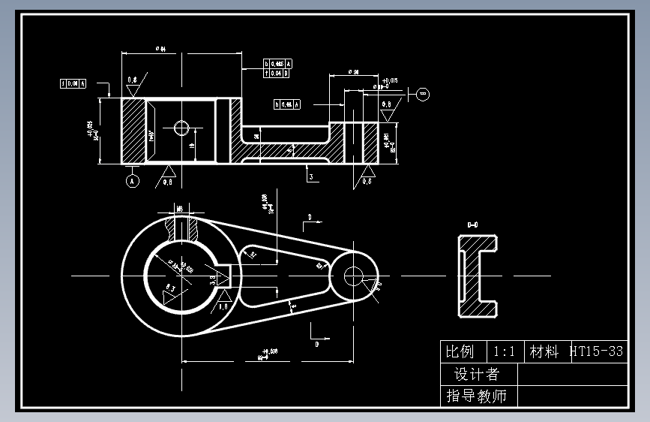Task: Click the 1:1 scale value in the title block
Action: pyautogui.click(x=504, y=351)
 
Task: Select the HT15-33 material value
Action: pyautogui.click(x=597, y=351)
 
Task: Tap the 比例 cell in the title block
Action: pyautogui.click(x=460, y=351)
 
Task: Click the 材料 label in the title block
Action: pyautogui.click(x=544, y=351)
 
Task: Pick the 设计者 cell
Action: pyautogui.click(x=476, y=374)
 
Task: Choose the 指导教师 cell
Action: pyautogui.click(x=476, y=395)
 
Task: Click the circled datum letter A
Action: pyautogui.click(x=132, y=181)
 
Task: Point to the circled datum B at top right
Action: pyautogui.click(x=423, y=94)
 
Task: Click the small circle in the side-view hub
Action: pyautogui.click(x=181, y=128)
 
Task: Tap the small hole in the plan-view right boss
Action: pyautogui.click(x=353, y=276)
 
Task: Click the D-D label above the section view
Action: pyautogui.click(x=473, y=224)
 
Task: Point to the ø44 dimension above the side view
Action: pyautogui.click(x=160, y=49)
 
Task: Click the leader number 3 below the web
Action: pyautogui.click(x=310, y=176)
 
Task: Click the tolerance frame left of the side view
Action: pyautogui.click(x=73, y=83)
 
